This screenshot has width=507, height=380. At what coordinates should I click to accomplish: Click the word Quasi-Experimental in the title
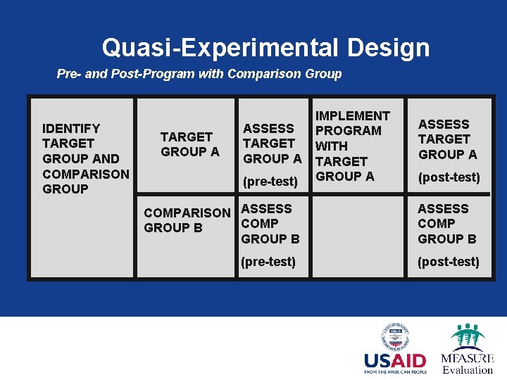click(x=219, y=48)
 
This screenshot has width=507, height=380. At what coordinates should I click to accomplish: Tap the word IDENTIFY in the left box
click(x=71, y=129)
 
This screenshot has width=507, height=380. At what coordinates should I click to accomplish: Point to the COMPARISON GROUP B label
click(x=187, y=220)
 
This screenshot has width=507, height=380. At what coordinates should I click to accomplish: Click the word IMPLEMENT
click(x=352, y=116)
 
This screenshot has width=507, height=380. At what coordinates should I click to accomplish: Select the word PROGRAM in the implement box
click(x=348, y=131)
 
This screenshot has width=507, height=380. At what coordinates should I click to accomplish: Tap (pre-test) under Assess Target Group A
click(x=270, y=182)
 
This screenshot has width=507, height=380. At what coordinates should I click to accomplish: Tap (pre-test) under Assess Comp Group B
click(x=268, y=262)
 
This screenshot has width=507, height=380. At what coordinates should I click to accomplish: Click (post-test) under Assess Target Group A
click(x=449, y=178)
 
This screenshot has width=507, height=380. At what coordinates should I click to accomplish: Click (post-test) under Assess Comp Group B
click(x=448, y=262)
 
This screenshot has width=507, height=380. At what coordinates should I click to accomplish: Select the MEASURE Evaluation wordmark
click(x=467, y=360)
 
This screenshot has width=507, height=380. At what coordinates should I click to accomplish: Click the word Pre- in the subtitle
click(x=69, y=74)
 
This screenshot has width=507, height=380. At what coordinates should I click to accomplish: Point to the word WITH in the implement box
click(x=331, y=146)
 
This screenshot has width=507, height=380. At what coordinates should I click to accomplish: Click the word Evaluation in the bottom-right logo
click(x=468, y=369)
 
